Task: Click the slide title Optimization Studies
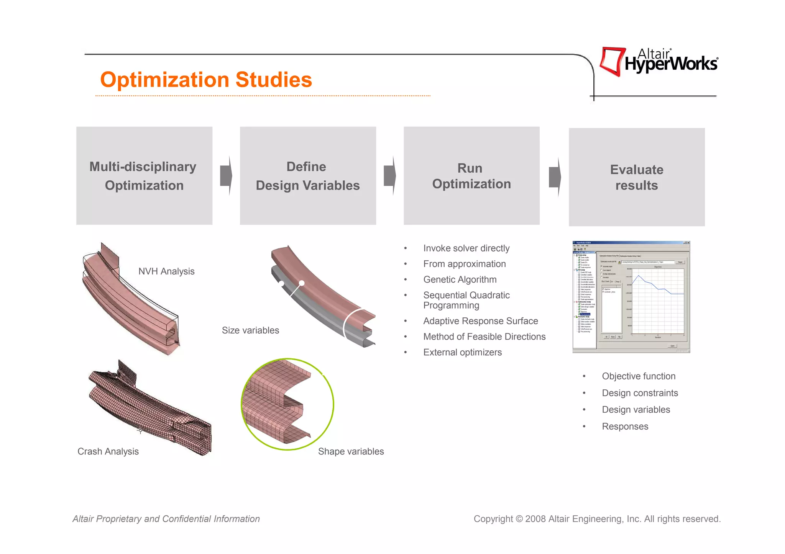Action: [x=206, y=80]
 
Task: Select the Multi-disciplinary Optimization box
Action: [x=144, y=176]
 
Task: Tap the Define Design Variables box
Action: [x=308, y=176]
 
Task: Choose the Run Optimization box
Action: [x=471, y=176]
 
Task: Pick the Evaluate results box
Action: [x=637, y=177]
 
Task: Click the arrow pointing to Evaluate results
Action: [x=555, y=177]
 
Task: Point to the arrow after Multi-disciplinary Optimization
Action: [x=226, y=176]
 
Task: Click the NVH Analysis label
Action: [x=166, y=271]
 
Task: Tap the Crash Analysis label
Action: [x=108, y=451]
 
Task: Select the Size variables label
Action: [x=250, y=330]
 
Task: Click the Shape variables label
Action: [x=351, y=451]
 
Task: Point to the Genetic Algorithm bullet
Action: [x=460, y=279]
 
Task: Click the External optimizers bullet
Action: [x=462, y=352]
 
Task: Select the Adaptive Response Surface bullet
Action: [x=480, y=321]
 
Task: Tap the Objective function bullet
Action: [x=639, y=376]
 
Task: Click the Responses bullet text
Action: [x=625, y=427]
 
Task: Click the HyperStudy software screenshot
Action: [x=631, y=297]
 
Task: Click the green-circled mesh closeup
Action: [x=287, y=404]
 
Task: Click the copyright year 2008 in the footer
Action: [x=535, y=519]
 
